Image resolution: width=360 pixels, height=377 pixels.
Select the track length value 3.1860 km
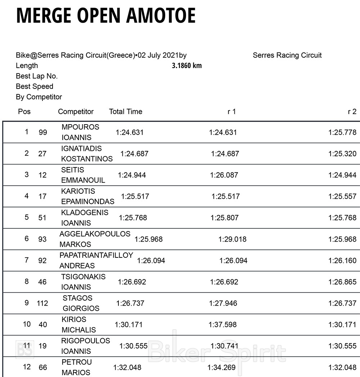click(x=187, y=66)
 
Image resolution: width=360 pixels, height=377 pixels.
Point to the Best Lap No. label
click(x=37, y=76)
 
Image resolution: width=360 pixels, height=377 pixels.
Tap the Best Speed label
click(x=35, y=86)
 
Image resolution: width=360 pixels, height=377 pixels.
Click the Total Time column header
click(x=126, y=112)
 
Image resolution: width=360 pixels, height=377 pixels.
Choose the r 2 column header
click(x=352, y=112)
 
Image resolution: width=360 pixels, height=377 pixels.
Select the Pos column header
click(x=24, y=112)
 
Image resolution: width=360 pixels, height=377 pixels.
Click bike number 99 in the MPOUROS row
click(x=43, y=133)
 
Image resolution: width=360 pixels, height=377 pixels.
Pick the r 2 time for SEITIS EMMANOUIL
click(x=342, y=175)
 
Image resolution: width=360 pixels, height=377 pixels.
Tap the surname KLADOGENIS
click(x=85, y=212)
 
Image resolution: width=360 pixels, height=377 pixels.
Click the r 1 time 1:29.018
click(x=233, y=239)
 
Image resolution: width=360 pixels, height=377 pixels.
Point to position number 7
click(x=27, y=260)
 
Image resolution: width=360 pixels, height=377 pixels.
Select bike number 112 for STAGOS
click(x=42, y=303)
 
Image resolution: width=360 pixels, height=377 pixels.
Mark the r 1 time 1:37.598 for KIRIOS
click(x=223, y=324)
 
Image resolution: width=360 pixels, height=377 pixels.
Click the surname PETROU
click(x=77, y=362)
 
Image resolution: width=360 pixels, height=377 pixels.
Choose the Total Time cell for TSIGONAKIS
click(x=132, y=282)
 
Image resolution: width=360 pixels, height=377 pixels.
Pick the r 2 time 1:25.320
click(x=342, y=154)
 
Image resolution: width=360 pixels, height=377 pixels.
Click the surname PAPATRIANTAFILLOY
click(x=96, y=255)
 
